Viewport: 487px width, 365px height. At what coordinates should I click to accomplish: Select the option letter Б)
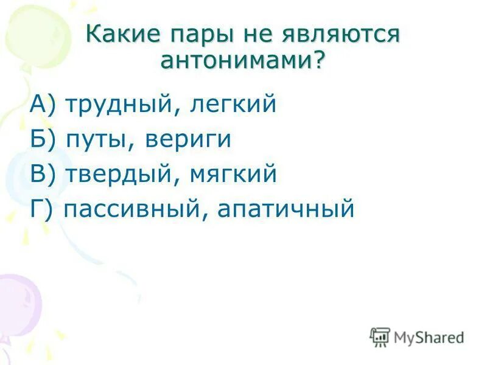coord(43,139)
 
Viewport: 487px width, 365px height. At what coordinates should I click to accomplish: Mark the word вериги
coord(188,140)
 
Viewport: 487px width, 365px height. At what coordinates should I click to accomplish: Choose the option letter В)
coord(43,175)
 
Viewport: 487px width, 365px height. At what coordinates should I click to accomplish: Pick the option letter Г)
coord(43,210)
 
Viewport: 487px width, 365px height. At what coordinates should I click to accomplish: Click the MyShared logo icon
coord(380,336)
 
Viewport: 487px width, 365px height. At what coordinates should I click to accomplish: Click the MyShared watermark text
coord(429,337)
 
